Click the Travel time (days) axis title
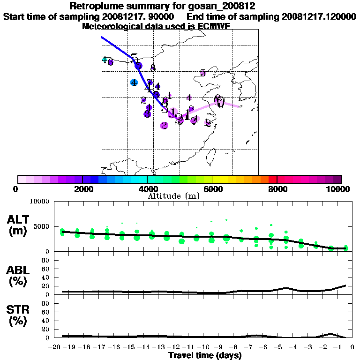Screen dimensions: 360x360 (205, 355)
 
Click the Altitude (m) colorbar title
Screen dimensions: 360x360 (173, 196)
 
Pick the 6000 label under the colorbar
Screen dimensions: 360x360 (212, 189)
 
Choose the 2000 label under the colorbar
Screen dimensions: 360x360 (82, 189)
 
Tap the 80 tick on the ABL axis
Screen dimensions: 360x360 (46, 260)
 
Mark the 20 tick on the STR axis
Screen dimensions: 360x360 (46, 329)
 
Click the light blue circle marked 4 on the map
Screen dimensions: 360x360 (134, 82)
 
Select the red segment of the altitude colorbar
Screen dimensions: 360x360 (272, 179)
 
